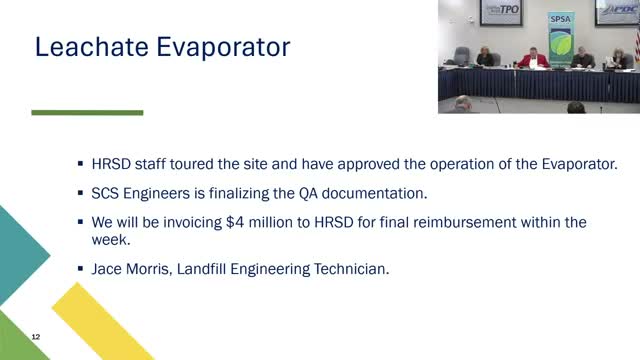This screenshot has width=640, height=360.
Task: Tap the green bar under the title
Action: pyautogui.click(x=87, y=113)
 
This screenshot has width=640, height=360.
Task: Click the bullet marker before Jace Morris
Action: pyautogui.click(x=81, y=268)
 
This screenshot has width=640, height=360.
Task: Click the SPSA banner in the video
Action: pyautogui.click(x=559, y=40)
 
